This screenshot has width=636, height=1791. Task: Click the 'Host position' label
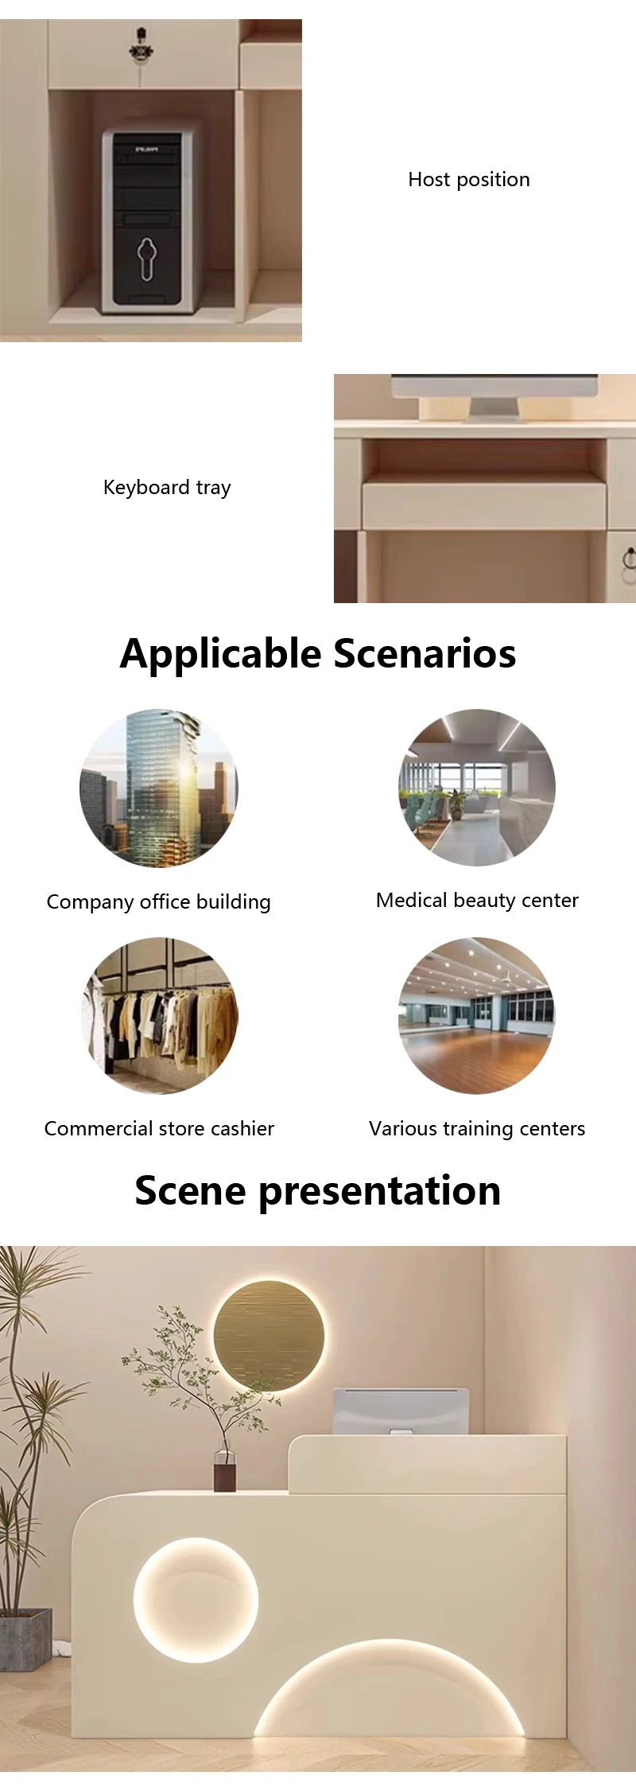click(469, 180)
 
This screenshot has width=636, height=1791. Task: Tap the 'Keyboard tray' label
click(167, 487)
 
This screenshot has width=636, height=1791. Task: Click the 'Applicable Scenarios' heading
click(318, 654)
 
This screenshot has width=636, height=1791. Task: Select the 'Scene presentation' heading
click(318, 1191)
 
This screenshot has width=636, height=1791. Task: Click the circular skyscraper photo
click(159, 788)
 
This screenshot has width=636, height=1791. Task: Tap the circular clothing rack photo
click(159, 1016)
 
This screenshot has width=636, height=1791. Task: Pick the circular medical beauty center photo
click(477, 788)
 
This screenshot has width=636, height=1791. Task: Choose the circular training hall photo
click(477, 1016)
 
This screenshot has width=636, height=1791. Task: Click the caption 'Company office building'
click(159, 901)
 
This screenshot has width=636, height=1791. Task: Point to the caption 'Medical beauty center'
click(477, 900)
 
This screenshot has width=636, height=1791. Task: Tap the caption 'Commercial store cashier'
click(159, 1128)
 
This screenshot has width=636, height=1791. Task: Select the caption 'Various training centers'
click(477, 1128)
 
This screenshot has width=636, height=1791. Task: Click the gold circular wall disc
click(269, 1336)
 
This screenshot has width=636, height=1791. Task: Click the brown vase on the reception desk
click(225, 1470)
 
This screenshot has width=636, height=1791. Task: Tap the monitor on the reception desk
click(401, 1411)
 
